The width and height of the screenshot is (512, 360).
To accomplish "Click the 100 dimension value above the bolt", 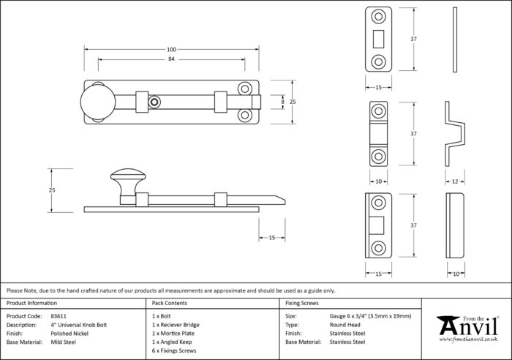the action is click(x=171, y=50).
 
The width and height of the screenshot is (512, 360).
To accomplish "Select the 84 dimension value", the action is click(x=171, y=59).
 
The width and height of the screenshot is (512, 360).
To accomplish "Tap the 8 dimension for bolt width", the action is click(x=283, y=102).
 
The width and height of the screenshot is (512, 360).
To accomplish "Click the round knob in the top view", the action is click(x=98, y=102).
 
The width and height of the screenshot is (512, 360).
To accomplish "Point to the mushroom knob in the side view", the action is click(x=128, y=182).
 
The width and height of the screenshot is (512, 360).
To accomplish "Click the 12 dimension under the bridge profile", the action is click(x=455, y=181).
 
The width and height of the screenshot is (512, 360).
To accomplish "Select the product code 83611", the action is click(x=59, y=316).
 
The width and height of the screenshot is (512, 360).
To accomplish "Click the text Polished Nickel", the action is click(x=69, y=334).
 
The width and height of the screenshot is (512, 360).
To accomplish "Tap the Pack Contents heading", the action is click(x=170, y=303).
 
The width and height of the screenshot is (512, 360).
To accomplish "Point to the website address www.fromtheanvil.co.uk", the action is click(x=468, y=340).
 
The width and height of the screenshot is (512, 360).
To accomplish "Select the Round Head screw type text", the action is click(x=345, y=325).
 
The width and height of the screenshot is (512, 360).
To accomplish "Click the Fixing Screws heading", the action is click(x=301, y=303).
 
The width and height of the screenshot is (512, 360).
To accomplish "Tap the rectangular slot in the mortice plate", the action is click(x=378, y=39).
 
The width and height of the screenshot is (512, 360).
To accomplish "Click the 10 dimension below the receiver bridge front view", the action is click(x=378, y=181).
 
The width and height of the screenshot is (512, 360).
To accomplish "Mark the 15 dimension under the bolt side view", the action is click(x=271, y=238).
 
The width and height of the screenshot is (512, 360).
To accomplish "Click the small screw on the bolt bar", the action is click(x=154, y=102).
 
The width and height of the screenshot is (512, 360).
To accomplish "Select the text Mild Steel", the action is click(x=64, y=342).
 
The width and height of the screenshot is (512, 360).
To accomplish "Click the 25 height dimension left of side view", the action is click(x=52, y=190).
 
